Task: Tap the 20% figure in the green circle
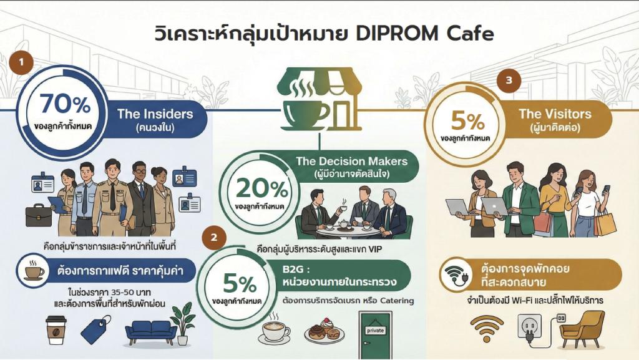[261, 188]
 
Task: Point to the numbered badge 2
[215, 237]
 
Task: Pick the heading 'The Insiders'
[155, 114]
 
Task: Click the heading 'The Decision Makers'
[351, 162]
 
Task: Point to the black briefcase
[39, 214]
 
